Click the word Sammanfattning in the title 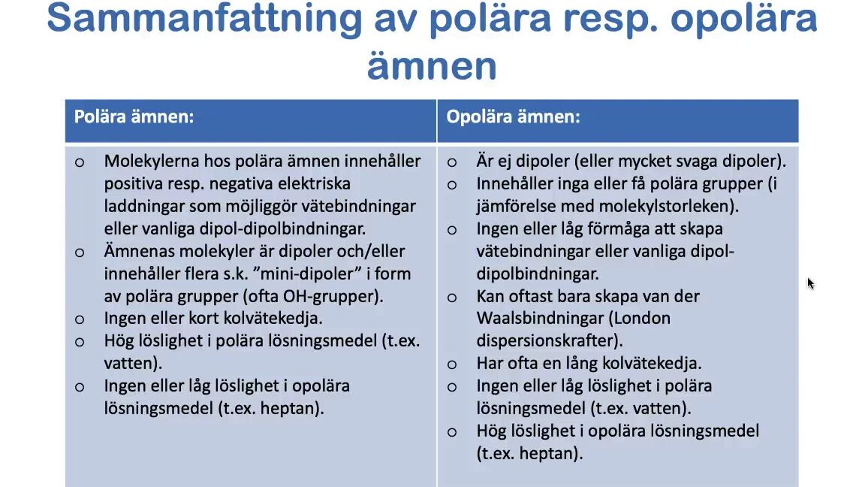click(205, 18)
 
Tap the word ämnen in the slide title click(432, 65)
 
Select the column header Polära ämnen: click(134, 116)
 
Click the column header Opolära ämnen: click(513, 116)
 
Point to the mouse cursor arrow click(810, 283)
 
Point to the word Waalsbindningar click(540, 319)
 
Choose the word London click(640, 319)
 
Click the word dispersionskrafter click(549, 340)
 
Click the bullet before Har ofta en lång click(452, 364)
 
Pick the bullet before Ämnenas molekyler click(80, 253)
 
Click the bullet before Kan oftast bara click(452, 298)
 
